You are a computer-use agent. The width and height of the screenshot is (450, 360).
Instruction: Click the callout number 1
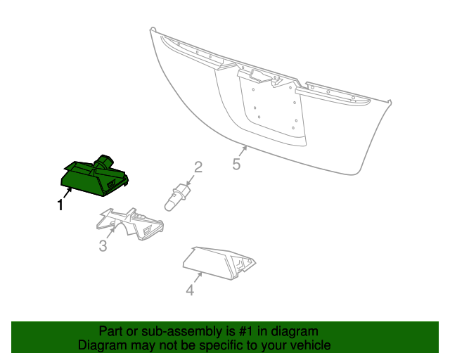pyautogui.click(x=60, y=205)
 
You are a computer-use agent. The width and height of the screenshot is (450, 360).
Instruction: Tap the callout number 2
pyautogui.click(x=198, y=167)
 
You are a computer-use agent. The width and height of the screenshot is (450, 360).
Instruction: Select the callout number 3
pyautogui.click(x=103, y=246)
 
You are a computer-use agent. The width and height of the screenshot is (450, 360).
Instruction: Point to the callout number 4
pyautogui.click(x=190, y=290)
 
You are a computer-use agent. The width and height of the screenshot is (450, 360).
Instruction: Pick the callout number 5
pyautogui.click(x=236, y=165)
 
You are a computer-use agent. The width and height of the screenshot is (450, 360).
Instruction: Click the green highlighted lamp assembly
pyautogui.click(x=94, y=177)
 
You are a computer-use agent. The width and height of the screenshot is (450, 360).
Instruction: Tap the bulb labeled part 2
pyautogui.click(x=176, y=198)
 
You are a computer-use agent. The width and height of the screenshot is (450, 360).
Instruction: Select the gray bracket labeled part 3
pyautogui.click(x=129, y=224)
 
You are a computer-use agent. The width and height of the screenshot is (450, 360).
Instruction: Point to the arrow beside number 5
pyautogui.click(x=243, y=151)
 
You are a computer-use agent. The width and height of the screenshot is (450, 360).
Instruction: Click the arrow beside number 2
pyautogui.click(x=191, y=180)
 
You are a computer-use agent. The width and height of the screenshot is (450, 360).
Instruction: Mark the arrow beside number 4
pyautogui.click(x=198, y=278)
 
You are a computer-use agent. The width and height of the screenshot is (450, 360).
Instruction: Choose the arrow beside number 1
pyautogui.click(x=67, y=193)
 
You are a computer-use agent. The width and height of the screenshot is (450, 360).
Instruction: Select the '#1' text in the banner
pyautogui.click(x=245, y=331)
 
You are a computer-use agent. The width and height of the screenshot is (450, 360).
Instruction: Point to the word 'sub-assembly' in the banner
pyautogui.click(x=181, y=332)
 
